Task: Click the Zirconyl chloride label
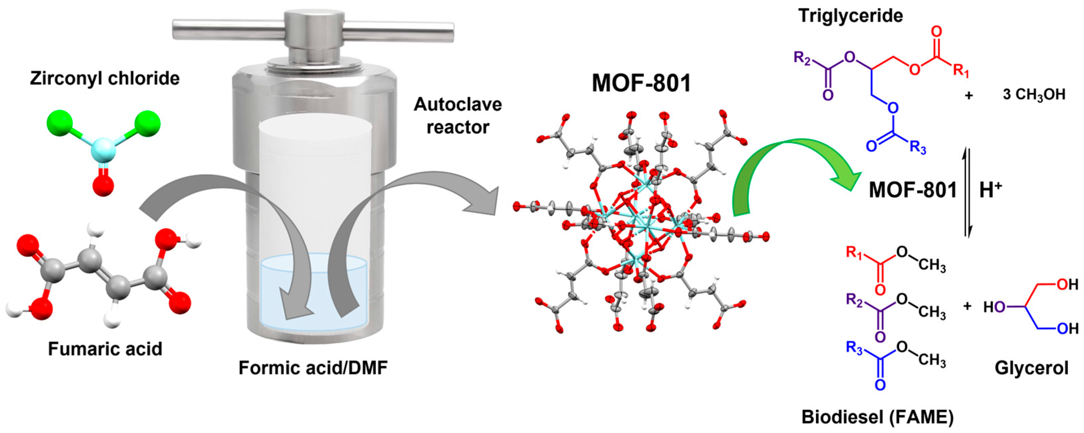tap(105, 79)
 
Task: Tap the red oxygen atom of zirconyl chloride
tap(103, 186)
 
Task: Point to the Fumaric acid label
tap(105, 349)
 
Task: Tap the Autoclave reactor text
tap(458, 116)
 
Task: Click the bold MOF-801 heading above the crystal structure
tap(641, 83)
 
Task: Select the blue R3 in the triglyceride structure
tap(918, 148)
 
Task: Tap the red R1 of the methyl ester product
tap(854, 253)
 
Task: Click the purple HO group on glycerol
tap(994, 308)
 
